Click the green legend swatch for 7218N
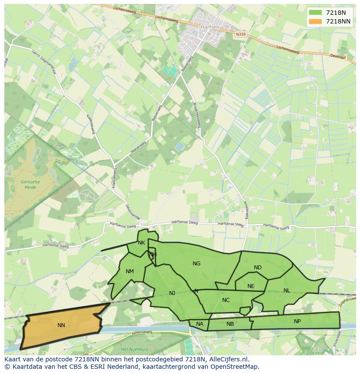(x=315, y=13)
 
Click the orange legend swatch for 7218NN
(x=315, y=21)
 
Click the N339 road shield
(x=240, y=34)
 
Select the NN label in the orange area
(x=61, y=325)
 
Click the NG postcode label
(x=197, y=263)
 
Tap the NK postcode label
(x=141, y=243)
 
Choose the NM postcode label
(x=130, y=271)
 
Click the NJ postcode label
(x=172, y=293)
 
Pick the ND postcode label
(x=258, y=267)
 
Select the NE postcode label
(x=251, y=286)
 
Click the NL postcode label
(x=287, y=290)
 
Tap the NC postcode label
(x=226, y=300)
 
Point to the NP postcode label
(x=297, y=321)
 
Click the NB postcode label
(x=230, y=324)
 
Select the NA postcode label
(x=200, y=324)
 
